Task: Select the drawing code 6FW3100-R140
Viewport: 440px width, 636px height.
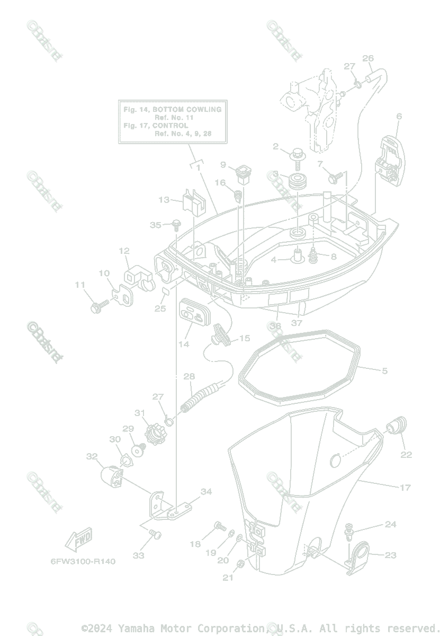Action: coord(83,561)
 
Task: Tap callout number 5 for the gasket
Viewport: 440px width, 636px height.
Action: coord(384,370)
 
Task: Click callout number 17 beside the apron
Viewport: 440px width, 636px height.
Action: coord(405,487)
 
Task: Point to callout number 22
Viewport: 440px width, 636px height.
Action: coord(406,454)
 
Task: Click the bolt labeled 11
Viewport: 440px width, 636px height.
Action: coord(98,306)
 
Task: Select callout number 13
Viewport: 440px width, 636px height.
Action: coord(164,200)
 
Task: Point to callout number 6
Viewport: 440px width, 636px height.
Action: coord(399,117)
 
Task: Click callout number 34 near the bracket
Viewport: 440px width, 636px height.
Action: coord(206,492)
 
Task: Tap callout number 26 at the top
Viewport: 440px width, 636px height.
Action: coord(368,58)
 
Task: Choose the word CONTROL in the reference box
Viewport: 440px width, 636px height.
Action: coord(170,126)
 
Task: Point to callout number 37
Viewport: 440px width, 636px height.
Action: coord(297,323)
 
